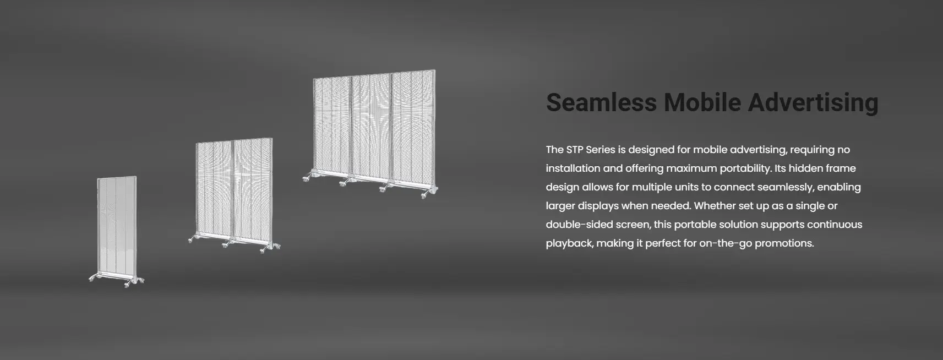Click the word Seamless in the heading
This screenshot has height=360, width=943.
[x=601, y=102]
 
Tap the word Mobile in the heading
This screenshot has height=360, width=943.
[x=702, y=102]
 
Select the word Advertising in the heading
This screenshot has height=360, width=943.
[x=813, y=103]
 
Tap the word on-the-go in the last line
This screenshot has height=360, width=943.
[x=726, y=243]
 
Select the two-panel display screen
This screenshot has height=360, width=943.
[x=234, y=195]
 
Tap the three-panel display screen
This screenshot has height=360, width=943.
[x=370, y=134]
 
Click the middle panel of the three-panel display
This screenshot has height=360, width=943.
[x=371, y=126]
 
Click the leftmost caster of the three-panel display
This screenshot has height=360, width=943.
[x=307, y=178]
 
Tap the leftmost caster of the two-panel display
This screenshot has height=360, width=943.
[x=192, y=239]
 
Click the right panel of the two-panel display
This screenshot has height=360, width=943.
[x=253, y=192]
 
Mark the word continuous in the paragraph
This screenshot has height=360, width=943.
[x=835, y=225]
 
